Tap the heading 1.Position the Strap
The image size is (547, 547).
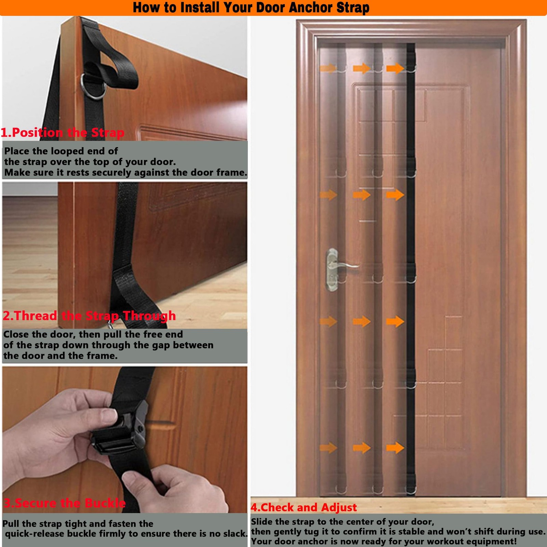click(x=63, y=132)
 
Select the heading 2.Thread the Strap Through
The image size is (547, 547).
click(x=89, y=316)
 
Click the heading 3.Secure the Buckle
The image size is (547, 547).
click(x=65, y=503)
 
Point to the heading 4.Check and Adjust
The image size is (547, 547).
click(x=304, y=507)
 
